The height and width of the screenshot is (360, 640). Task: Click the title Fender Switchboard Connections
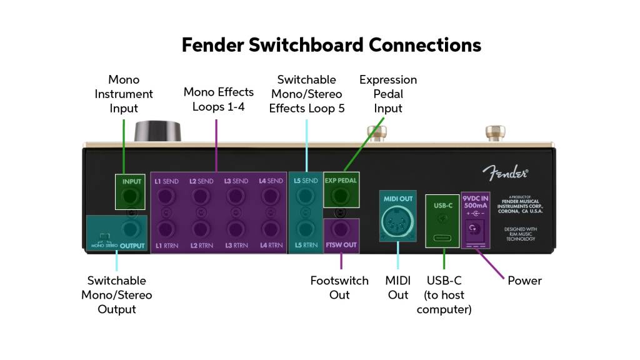331,45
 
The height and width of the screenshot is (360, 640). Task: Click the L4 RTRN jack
271,227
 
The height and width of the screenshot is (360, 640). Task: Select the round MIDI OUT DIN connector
397,221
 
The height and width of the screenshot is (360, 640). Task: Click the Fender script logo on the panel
505,171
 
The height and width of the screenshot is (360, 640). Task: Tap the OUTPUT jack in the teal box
131,227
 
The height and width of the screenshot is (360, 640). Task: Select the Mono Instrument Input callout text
124,94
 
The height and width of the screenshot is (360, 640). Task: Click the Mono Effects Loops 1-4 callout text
218,99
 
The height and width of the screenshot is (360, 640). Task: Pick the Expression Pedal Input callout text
387,94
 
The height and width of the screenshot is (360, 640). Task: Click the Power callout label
524,281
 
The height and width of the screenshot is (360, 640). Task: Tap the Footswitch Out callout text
339,287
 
